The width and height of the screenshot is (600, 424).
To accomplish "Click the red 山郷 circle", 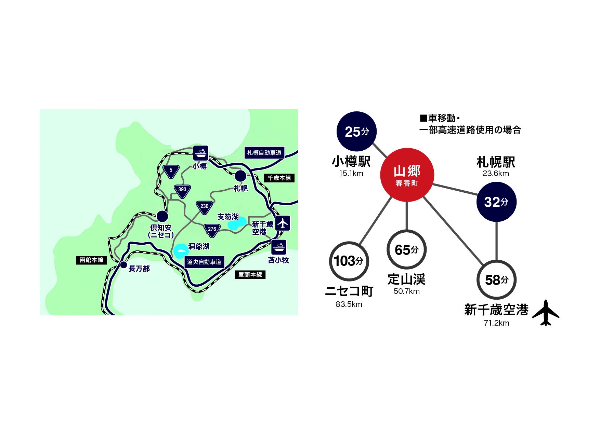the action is (x=407, y=175).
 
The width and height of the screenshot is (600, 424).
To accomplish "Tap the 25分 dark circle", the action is (x=356, y=132).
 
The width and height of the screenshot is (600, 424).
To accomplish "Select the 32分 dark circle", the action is (x=496, y=202).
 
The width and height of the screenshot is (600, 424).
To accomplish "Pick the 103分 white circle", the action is (x=349, y=261).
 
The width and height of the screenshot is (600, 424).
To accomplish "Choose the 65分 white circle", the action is (x=406, y=250).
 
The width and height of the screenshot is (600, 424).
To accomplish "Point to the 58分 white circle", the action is (x=496, y=280).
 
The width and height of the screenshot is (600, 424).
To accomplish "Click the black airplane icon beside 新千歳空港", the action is (x=546, y=313).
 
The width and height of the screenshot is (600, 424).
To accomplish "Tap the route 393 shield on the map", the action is (x=182, y=191).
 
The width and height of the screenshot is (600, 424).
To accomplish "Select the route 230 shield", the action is (x=204, y=207).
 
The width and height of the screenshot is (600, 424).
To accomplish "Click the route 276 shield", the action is (x=212, y=230).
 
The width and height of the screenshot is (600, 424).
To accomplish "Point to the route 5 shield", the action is (x=171, y=171).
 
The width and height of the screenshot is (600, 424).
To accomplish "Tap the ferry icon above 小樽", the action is (x=200, y=153).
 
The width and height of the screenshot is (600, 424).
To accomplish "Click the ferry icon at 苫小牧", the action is (x=279, y=247).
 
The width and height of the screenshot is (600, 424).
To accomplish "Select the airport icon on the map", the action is (x=283, y=223).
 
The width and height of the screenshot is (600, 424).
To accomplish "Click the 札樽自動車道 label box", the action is (x=264, y=153).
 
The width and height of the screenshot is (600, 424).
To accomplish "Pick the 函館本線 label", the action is (x=91, y=260).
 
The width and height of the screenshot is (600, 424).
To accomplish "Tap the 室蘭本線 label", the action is (x=250, y=275).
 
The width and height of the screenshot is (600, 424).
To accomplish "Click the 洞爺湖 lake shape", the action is (x=180, y=251).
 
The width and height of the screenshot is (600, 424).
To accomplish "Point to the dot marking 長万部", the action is (x=123, y=265).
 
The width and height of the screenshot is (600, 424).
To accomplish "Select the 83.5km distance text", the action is (x=349, y=304).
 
